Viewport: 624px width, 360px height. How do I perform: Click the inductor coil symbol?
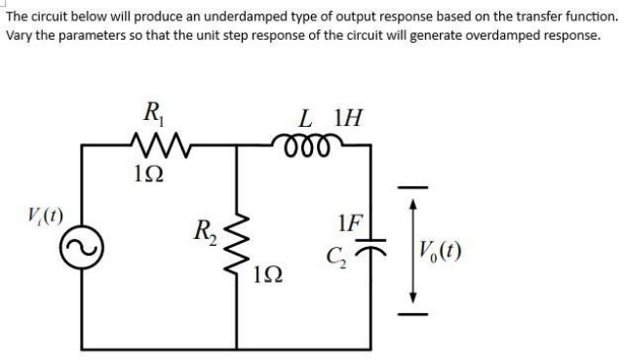coord(315,143)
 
